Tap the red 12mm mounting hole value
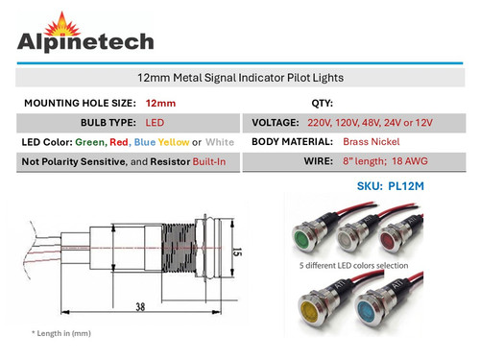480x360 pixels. coord(160,102)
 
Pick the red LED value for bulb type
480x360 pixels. coord(155,123)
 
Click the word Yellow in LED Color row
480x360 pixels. coord(174,142)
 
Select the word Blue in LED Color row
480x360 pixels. coord(146,142)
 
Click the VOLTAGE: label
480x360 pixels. coord(276,123)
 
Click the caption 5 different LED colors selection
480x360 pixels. coord(351,267)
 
